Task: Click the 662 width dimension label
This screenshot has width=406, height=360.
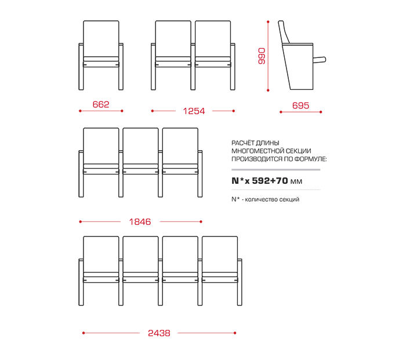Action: [x=101, y=104]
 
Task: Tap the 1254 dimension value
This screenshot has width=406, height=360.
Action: [x=194, y=111]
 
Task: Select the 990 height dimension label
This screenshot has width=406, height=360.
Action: [x=262, y=56]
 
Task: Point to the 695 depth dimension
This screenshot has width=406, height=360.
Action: [x=300, y=106]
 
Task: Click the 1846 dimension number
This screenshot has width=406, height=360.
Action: [x=140, y=222]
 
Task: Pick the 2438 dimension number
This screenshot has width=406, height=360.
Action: [x=159, y=333]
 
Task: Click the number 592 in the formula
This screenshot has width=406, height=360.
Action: [x=261, y=181]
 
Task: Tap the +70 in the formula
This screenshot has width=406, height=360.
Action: [x=279, y=181]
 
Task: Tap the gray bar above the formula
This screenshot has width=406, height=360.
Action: [x=275, y=170]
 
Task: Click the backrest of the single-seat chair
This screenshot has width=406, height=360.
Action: [x=101, y=39]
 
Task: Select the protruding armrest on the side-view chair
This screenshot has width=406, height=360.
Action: [x=319, y=60]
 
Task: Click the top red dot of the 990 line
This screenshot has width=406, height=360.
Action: [x=268, y=22]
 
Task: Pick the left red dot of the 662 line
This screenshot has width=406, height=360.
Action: [x=80, y=111]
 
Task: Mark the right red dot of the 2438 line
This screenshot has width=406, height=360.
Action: [x=235, y=333]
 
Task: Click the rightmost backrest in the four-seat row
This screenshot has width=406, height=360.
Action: [x=220, y=254]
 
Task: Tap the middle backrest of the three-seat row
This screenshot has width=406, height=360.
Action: [x=140, y=146]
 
